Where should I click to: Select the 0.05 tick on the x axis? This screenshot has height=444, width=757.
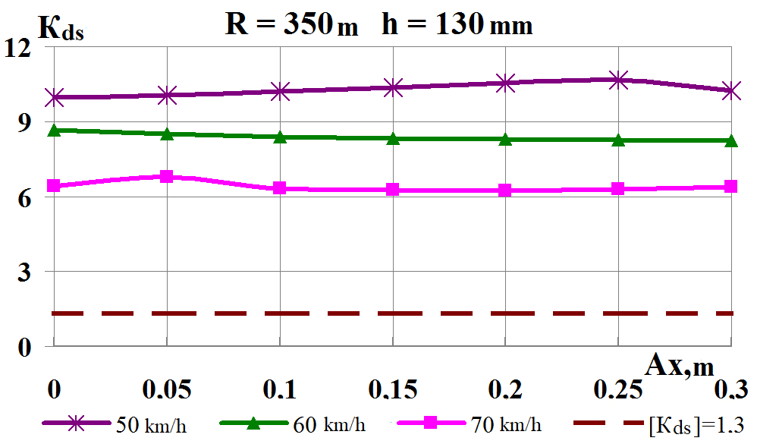tap(166, 390)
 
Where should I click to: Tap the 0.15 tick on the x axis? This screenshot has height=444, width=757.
tap(392, 390)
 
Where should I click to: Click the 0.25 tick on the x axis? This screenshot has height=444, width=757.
tap(618, 390)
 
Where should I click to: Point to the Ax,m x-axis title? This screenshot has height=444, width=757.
tap(680, 366)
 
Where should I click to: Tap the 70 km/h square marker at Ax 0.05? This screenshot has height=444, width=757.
tap(166, 176)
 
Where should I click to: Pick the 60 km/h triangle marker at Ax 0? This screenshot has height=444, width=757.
tap(53, 131)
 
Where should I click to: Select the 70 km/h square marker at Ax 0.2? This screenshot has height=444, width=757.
tap(505, 190)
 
